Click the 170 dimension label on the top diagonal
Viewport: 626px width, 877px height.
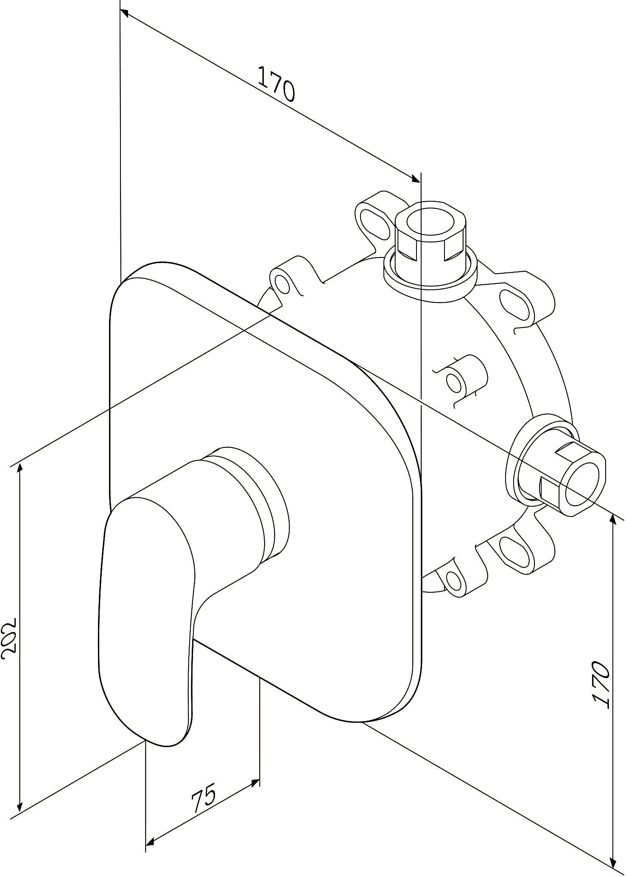pyautogui.click(x=276, y=84)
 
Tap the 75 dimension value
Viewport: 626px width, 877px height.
pyautogui.click(x=204, y=798)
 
